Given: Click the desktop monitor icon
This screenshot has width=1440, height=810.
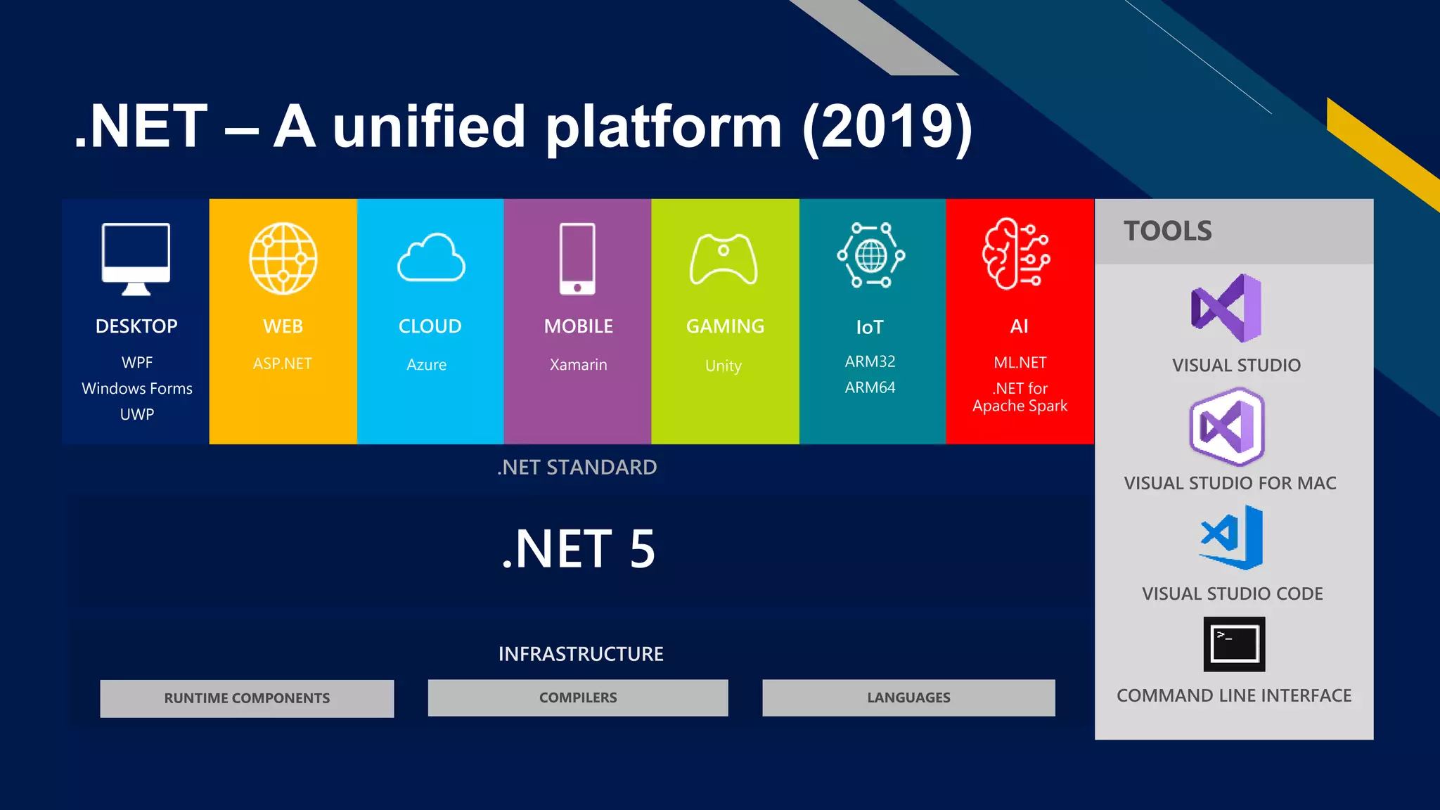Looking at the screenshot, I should (x=136, y=257).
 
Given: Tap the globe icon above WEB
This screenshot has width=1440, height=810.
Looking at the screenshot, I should (x=283, y=258).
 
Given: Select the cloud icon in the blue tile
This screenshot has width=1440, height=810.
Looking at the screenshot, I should (x=431, y=258).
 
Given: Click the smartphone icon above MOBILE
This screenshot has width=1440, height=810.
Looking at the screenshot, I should (x=577, y=258).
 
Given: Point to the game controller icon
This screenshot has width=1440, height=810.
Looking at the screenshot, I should (x=724, y=259).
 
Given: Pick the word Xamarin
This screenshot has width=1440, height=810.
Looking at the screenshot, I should (x=578, y=364).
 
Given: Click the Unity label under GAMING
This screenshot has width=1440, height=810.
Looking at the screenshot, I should (x=724, y=366).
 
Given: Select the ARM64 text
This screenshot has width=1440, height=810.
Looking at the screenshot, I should (x=870, y=387).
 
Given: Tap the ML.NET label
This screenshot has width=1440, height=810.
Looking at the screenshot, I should (x=1020, y=363).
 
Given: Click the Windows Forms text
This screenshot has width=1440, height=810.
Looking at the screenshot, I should (x=137, y=388).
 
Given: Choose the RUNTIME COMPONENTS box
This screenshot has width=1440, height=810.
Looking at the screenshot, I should (x=247, y=698).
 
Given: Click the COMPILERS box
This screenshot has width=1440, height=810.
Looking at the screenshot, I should (x=578, y=697).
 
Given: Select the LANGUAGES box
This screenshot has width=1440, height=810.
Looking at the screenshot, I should (x=908, y=697).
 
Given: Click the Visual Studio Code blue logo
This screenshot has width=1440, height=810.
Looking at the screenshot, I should (x=1232, y=537).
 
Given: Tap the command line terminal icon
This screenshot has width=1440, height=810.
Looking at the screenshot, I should (x=1234, y=644).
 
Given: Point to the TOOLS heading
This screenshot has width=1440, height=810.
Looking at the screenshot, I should (x=1167, y=231).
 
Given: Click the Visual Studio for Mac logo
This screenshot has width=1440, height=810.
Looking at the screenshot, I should (x=1227, y=427).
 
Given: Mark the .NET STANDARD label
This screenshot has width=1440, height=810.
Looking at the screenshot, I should (x=577, y=468).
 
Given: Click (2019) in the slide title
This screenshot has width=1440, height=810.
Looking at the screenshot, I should (x=887, y=127).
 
